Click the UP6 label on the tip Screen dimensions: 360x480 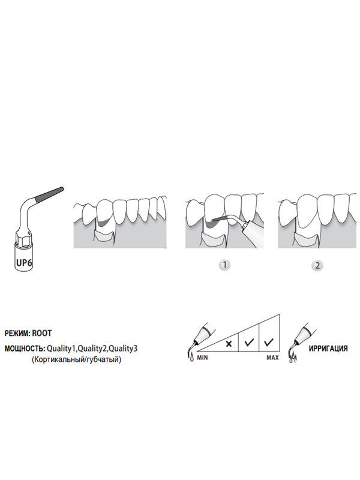tap(24, 262)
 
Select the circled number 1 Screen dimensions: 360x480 tap(225, 265)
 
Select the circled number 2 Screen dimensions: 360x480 tap(317, 265)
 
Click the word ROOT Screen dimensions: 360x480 tap(42, 333)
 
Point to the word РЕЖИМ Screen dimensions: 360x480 tap(17, 333)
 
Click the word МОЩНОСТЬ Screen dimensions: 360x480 tap(25, 349)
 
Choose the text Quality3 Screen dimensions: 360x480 tap(123, 349)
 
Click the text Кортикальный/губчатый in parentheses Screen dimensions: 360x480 tap(76, 359)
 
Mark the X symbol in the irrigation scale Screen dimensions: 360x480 tap(229, 343)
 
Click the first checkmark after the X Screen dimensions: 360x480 tap(249, 342)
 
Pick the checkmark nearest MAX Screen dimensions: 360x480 tap(269, 342)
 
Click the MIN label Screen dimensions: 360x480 tap(202, 357)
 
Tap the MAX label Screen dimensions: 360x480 tap(272, 357)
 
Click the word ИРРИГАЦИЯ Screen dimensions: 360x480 tap(328, 349)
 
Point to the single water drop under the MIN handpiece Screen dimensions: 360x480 tap(191, 357)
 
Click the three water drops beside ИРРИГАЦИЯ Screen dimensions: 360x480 tap(293, 358)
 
